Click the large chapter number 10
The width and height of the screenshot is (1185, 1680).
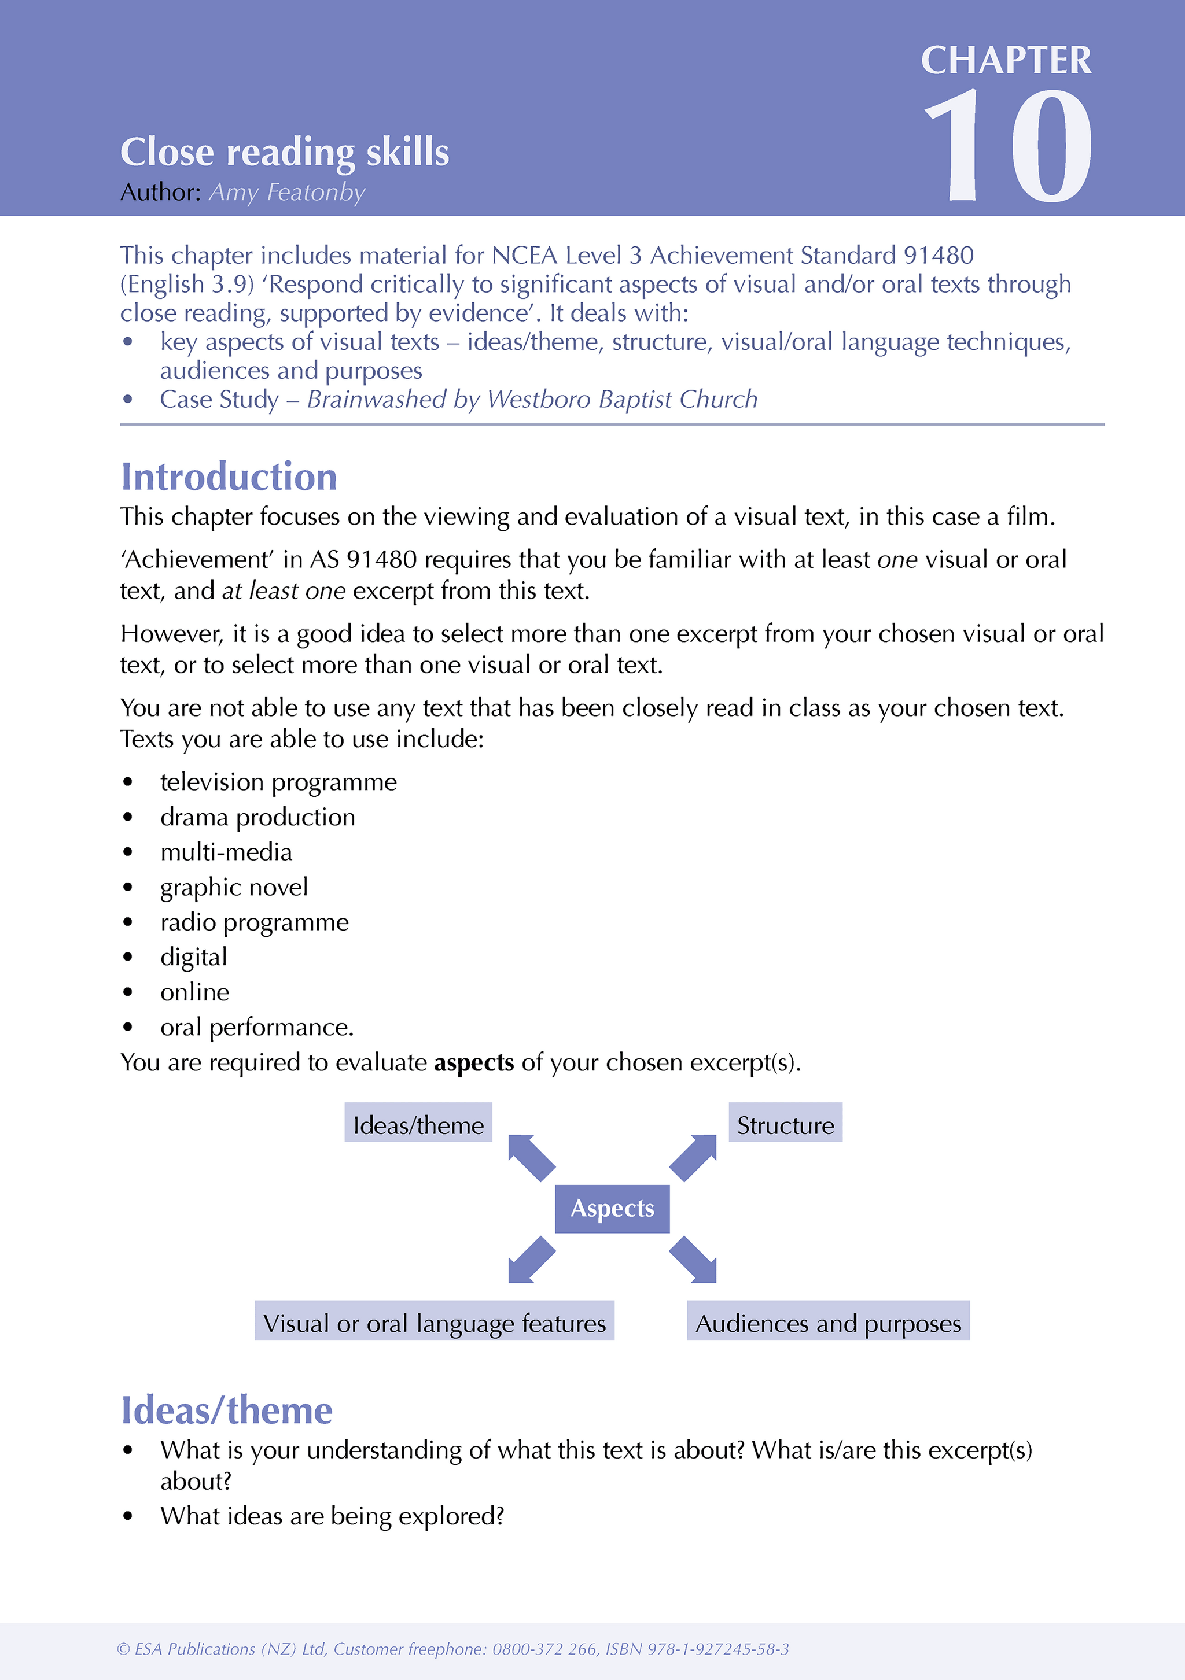tap(1009, 146)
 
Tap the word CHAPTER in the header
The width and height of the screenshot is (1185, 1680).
tap(1006, 60)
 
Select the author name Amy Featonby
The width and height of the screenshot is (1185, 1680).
tap(287, 193)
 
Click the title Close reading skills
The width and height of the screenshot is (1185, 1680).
tap(284, 152)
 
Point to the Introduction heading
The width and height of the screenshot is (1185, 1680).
tap(229, 477)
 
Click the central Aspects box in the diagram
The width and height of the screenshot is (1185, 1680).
tap(612, 1208)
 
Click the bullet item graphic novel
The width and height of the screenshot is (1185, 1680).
tap(234, 887)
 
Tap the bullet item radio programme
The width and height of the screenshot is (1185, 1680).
tap(254, 922)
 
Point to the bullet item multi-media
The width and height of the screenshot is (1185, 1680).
tap(226, 852)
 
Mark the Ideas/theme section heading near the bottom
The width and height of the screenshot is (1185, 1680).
tap(226, 1411)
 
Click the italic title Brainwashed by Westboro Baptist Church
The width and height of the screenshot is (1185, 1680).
tap(532, 400)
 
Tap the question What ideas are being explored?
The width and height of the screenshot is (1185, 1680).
tap(332, 1515)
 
